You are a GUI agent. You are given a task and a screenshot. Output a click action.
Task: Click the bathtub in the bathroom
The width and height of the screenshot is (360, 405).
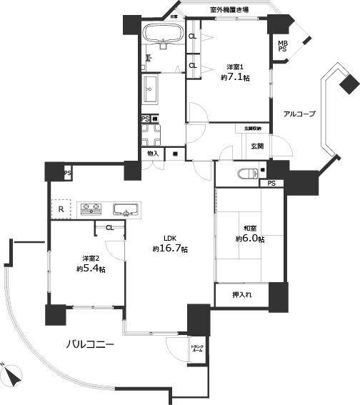(163, 34)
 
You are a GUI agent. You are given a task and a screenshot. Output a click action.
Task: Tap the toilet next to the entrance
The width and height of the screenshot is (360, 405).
(246, 172)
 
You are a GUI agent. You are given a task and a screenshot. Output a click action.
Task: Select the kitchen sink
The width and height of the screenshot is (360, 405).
(126, 209)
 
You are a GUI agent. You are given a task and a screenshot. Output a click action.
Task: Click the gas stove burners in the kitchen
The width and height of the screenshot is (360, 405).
(92, 209)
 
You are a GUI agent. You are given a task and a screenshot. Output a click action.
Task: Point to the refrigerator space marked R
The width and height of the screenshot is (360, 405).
(61, 209)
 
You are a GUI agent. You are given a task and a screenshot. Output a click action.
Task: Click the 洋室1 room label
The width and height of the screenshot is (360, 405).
(236, 68)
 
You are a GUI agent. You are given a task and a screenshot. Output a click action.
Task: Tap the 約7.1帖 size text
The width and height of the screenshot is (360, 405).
(236, 78)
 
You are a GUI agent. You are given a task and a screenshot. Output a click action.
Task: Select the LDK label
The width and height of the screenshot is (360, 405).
(170, 239)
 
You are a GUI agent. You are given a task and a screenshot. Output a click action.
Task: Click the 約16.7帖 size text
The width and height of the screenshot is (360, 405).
(170, 249)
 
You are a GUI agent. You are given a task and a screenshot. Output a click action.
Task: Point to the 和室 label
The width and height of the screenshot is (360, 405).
(249, 229)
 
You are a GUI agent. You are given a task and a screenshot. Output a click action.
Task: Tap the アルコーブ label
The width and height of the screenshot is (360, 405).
(299, 114)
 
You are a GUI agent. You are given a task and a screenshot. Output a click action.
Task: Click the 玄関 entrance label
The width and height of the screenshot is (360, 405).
(257, 146)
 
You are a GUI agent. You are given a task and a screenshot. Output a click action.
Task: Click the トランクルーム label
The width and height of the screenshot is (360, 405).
(196, 350)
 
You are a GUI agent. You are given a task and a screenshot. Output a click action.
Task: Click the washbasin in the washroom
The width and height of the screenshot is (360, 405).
(151, 90)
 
